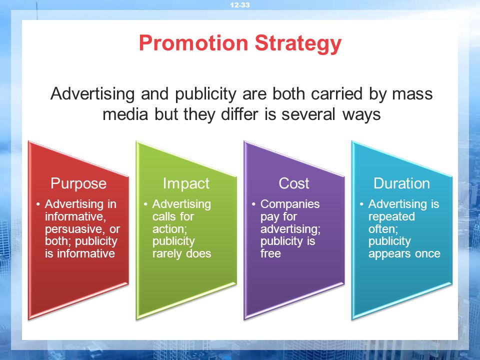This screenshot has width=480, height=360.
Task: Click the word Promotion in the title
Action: coord(193,43)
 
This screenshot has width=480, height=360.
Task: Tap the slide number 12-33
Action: coord(240,5)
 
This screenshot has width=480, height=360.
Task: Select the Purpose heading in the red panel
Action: coord(78,183)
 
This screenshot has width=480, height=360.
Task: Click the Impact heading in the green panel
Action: coord(186,183)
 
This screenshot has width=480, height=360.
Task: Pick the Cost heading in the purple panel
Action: coord(294,183)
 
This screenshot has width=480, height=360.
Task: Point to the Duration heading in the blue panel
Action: coord(401,183)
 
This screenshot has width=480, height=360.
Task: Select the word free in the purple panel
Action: coord(270,253)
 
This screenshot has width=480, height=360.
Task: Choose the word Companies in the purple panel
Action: coord(290,204)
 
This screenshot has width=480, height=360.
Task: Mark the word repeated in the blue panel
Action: coord(391,216)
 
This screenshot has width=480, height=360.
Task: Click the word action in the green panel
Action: coord(169,229)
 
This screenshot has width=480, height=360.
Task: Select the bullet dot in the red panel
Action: coord(38,204)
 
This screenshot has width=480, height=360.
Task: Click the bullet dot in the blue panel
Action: coord(361,204)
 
